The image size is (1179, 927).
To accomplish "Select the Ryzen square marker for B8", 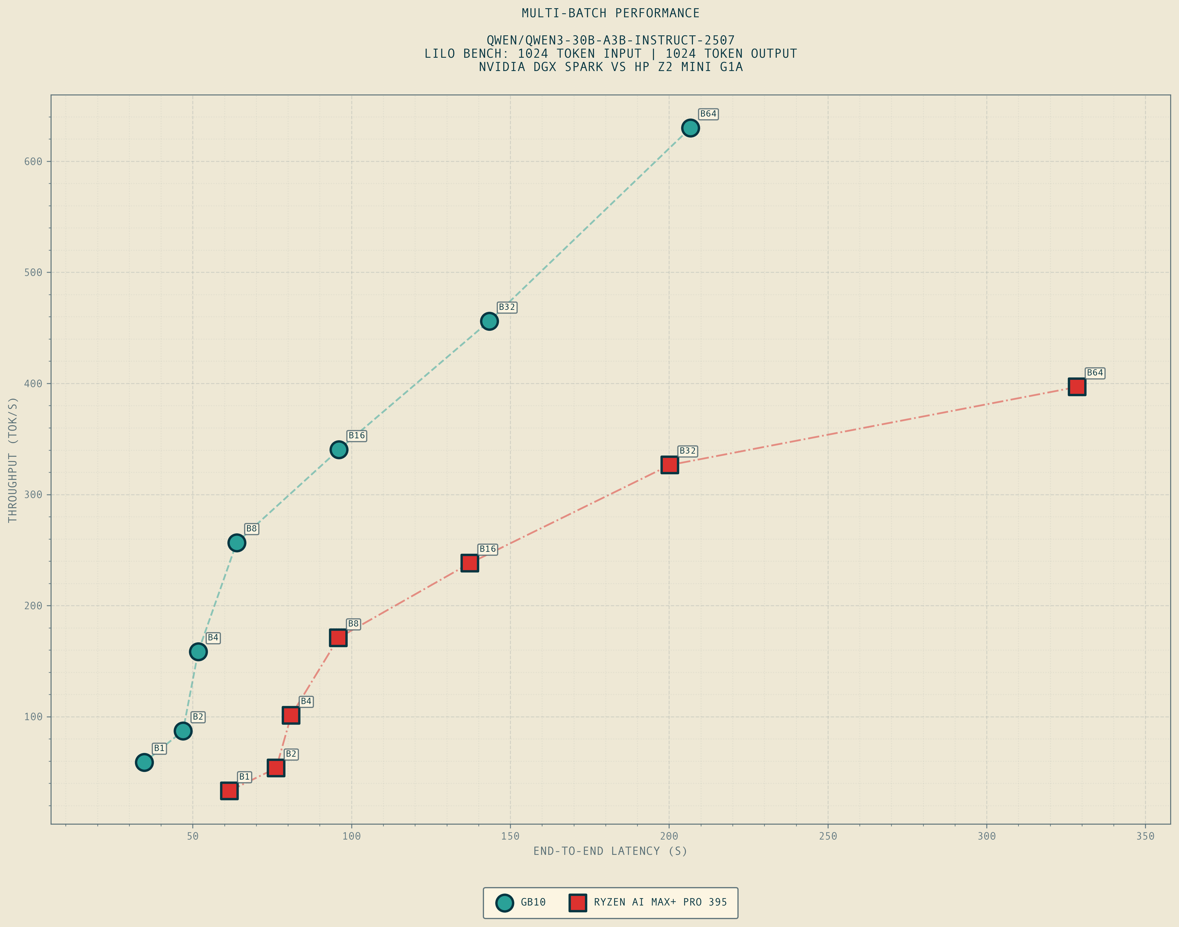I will tap(338, 638).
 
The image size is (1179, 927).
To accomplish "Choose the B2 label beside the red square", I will tap(291, 754).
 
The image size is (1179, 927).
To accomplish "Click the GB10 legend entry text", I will tap(533, 902).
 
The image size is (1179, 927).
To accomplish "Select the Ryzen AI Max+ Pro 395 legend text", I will tap(660, 902).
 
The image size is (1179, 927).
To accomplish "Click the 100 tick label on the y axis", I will tap(33, 717).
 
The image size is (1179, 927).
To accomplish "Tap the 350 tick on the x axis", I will tap(1145, 836).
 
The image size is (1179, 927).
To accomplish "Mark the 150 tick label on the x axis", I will tap(510, 836).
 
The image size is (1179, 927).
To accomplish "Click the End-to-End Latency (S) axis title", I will tap(610, 851).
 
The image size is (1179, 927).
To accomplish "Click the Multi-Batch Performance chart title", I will tap(610, 13).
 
